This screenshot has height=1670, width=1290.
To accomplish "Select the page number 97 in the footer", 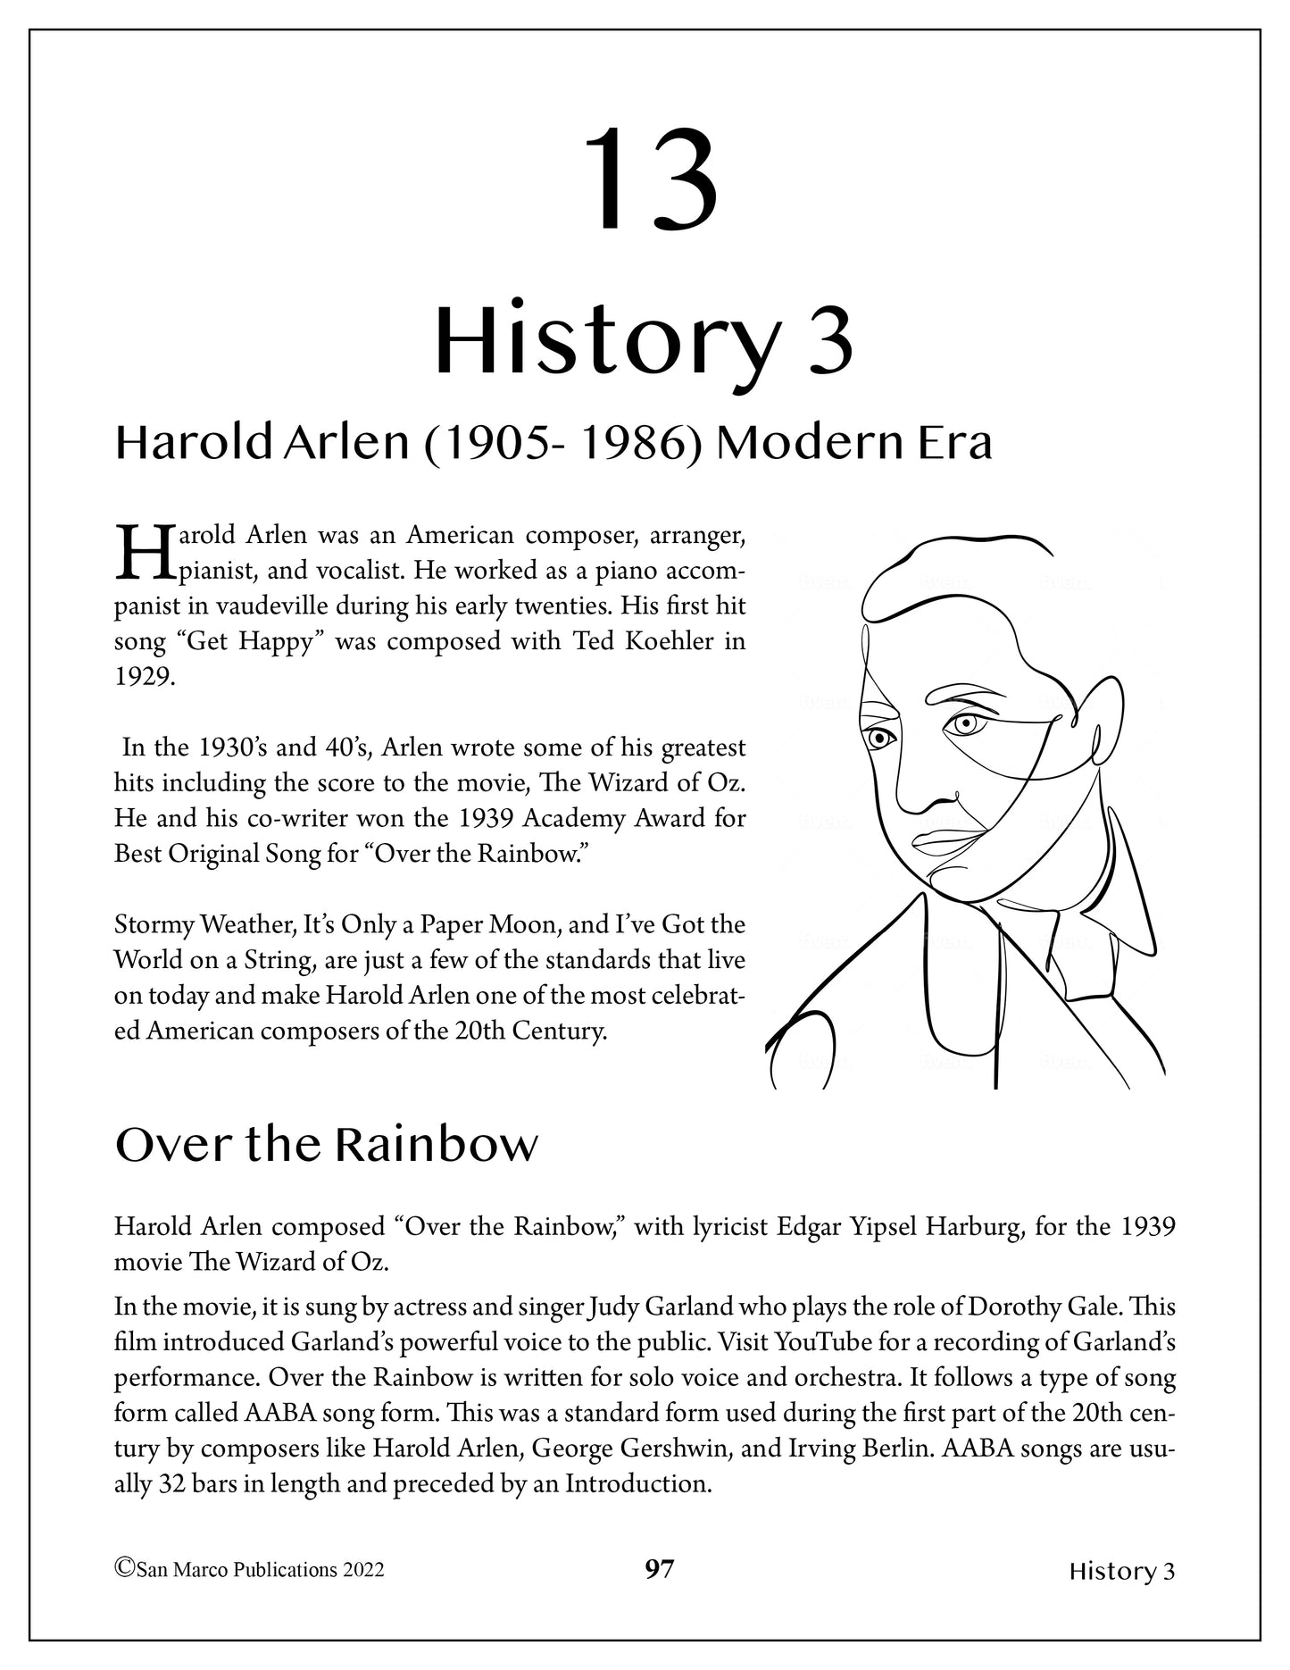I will (x=659, y=1568).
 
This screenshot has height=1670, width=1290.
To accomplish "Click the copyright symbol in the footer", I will (x=125, y=1568).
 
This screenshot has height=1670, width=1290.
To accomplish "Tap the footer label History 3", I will (x=1121, y=1571).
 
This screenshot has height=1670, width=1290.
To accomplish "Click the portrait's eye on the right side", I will (x=964, y=724).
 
